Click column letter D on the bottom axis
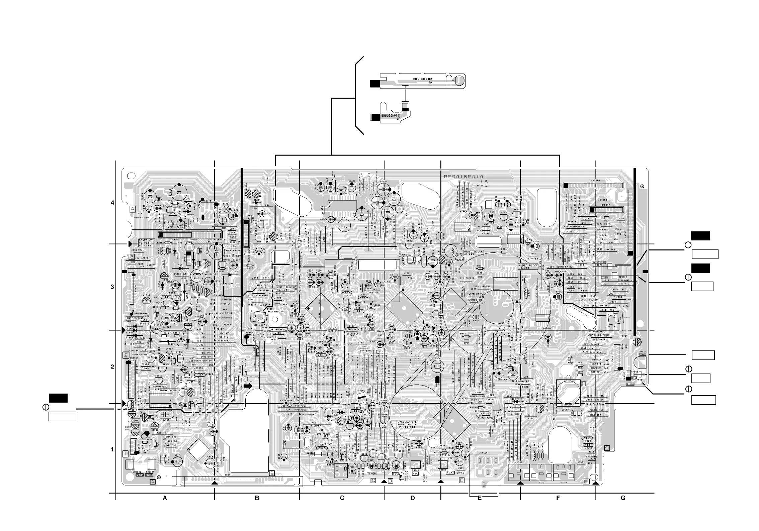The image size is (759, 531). click(x=413, y=498)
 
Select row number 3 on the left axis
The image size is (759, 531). click(x=112, y=287)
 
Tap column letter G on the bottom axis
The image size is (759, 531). click(x=623, y=498)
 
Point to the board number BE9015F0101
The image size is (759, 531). click(x=465, y=177)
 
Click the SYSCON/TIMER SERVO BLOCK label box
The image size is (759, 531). click(x=408, y=425)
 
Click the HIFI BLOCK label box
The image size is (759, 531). click(x=285, y=288)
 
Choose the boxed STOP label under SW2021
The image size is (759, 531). click(x=149, y=474)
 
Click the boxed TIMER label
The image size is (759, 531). click(x=371, y=473)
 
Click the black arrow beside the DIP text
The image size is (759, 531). click(x=248, y=386)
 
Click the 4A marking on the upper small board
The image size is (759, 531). click(x=421, y=82)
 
